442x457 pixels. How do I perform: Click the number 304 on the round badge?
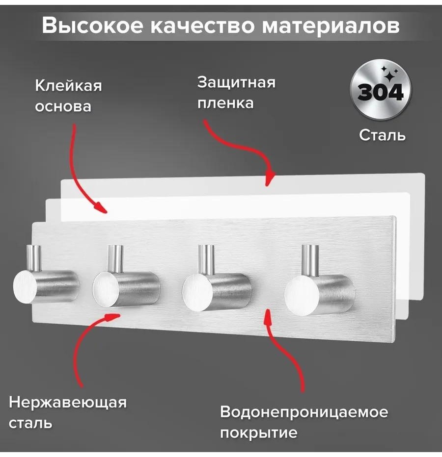point(381,92)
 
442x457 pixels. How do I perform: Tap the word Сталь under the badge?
point(382,135)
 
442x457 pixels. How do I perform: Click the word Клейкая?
point(69,86)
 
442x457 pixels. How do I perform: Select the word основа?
point(63,106)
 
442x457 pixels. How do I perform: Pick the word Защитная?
point(236,83)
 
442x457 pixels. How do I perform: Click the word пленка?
point(225,103)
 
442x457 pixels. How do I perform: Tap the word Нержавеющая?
point(68,403)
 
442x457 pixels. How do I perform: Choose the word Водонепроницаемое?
point(304,412)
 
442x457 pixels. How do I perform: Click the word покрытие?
point(259,433)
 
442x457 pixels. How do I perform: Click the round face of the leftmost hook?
point(25,286)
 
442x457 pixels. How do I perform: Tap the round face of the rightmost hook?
point(302,295)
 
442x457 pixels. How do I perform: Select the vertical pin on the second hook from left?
point(115,259)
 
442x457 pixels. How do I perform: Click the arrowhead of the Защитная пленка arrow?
point(270,178)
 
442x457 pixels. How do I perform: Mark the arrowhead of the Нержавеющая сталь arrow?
point(112,317)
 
